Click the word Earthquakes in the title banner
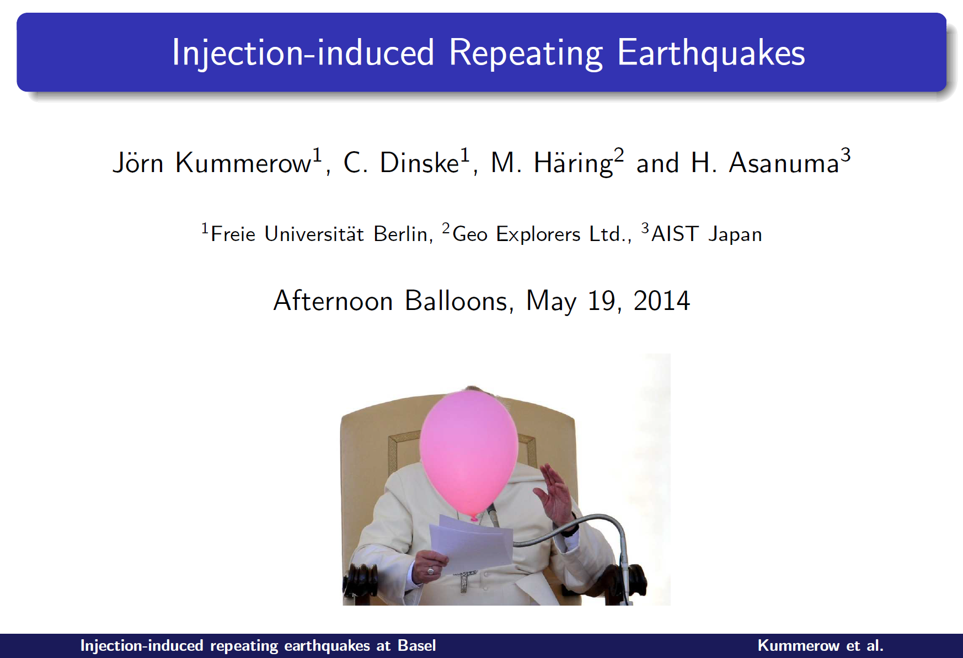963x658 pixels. pyautogui.click(x=711, y=53)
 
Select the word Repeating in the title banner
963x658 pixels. pyautogui.click(x=526, y=54)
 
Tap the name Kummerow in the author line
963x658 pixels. pyautogui.click(x=243, y=163)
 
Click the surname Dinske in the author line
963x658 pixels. pyautogui.click(x=419, y=163)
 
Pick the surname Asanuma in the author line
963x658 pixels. pyautogui.click(x=784, y=163)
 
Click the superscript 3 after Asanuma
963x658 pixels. pyautogui.click(x=846, y=154)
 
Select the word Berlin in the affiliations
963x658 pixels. pyautogui.click(x=401, y=234)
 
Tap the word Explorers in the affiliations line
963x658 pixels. pyautogui.click(x=538, y=234)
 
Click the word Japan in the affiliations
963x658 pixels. pyautogui.click(x=735, y=234)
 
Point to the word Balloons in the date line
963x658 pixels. pyautogui.click(x=456, y=301)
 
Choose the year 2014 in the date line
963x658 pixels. pyautogui.click(x=661, y=301)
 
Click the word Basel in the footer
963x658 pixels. pyautogui.click(x=417, y=645)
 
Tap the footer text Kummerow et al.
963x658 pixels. pyautogui.click(x=821, y=645)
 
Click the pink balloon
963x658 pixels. pyautogui.click(x=469, y=452)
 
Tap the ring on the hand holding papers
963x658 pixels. pyautogui.click(x=430, y=571)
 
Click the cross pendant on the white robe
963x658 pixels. pyautogui.click(x=464, y=579)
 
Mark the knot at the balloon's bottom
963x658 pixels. pyautogui.click(x=474, y=517)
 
